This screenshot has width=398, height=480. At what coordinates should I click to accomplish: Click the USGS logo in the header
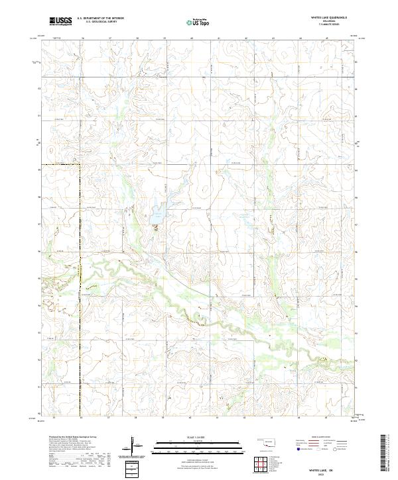(x=60, y=21)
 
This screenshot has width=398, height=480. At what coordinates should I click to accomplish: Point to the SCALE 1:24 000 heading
(x=200, y=436)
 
